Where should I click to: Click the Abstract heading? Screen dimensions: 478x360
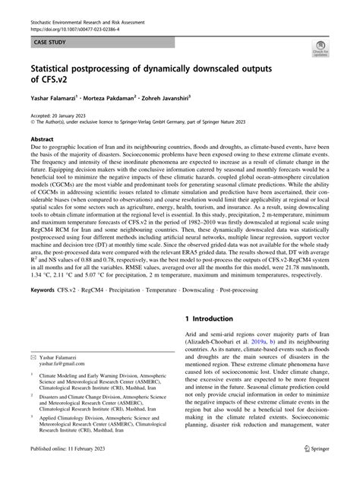tap(42, 141)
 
